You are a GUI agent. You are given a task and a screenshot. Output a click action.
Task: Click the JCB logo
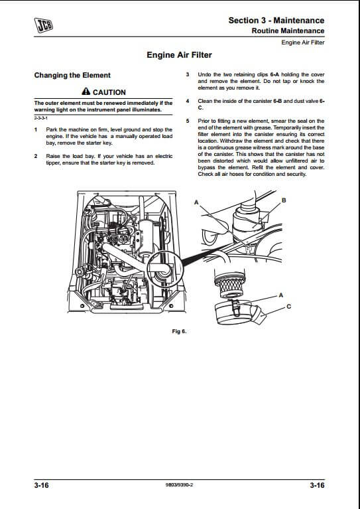[44, 25]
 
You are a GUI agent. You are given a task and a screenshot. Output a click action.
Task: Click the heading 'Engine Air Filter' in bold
[180, 55]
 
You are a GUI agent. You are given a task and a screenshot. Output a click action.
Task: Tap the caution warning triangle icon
[86, 91]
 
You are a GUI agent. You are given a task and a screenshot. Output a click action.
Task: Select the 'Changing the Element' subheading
[72, 75]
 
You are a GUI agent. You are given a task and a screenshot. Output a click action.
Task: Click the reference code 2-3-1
[40, 118]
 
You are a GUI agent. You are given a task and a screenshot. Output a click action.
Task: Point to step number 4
[188, 101]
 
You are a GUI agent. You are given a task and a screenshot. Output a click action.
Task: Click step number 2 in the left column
[36, 156]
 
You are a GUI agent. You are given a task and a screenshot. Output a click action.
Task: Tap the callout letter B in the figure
[284, 200]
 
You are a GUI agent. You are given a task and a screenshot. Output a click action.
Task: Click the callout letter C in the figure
[289, 306]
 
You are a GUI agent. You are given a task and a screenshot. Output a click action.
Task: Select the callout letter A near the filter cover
[281, 295]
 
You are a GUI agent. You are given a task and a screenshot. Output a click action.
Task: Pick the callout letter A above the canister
[196, 202]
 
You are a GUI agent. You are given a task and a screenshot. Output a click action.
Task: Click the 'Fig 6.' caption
[179, 331]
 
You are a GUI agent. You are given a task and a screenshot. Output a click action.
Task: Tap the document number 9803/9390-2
[179, 485]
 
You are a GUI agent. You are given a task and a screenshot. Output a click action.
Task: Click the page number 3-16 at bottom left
[41, 485]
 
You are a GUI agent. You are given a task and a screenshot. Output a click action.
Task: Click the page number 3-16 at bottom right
[317, 485]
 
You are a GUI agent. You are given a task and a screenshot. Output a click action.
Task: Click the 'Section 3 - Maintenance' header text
[276, 20]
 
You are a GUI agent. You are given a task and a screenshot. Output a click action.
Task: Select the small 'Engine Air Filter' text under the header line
[303, 42]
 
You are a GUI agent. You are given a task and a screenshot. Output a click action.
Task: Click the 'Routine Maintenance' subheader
[288, 31]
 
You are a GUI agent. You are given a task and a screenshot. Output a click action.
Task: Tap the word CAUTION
[109, 92]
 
